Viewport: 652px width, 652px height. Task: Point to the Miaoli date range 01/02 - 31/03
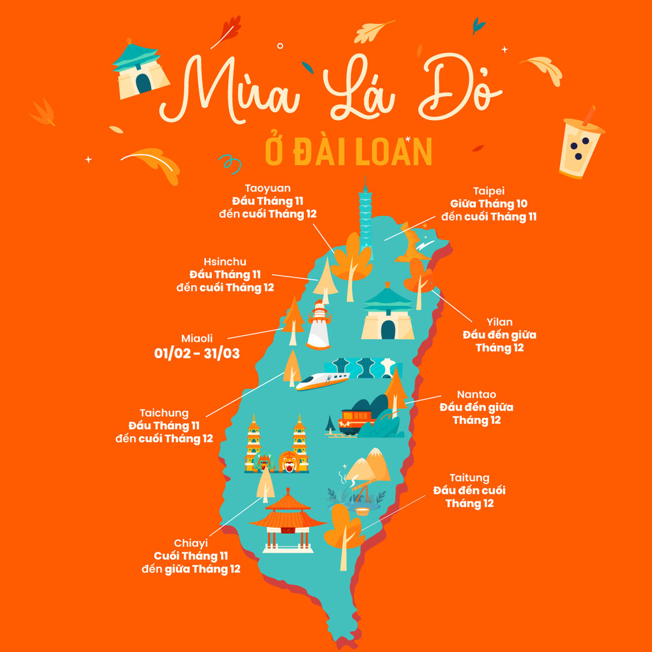point(197,353)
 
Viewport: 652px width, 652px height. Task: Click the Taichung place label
point(164,413)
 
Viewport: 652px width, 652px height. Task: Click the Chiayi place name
point(191,543)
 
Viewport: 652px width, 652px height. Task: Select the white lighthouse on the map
point(319,325)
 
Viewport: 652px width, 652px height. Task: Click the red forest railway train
point(356,420)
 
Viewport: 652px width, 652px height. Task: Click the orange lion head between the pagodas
point(287,460)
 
